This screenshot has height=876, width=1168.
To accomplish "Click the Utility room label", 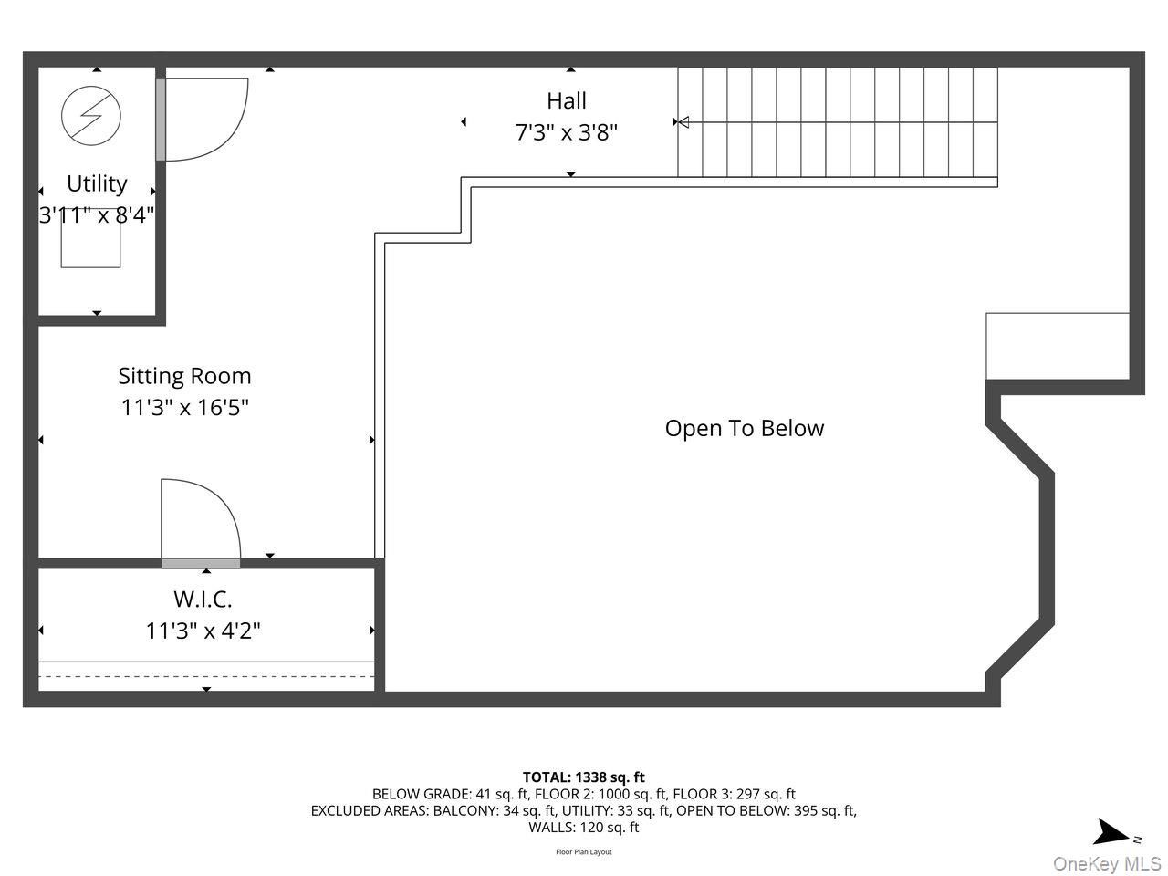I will click(x=97, y=183).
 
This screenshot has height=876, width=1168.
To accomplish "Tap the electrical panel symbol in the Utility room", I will click(x=91, y=115).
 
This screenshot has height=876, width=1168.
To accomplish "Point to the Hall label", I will click(x=566, y=100).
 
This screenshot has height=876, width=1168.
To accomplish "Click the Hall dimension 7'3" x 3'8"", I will click(x=566, y=132).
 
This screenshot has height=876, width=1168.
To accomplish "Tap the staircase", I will click(x=838, y=122).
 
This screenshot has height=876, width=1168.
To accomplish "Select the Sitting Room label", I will click(x=184, y=376).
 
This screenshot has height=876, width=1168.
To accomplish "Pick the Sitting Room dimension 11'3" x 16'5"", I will click(x=184, y=407).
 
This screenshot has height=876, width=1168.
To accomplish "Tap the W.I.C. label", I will click(x=203, y=600).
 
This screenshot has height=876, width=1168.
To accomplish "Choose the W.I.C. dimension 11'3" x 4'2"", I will click(x=203, y=631).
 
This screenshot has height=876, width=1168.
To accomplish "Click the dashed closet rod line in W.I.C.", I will click(x=206, y=676).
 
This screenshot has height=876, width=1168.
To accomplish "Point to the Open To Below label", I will click(x=744, y=428).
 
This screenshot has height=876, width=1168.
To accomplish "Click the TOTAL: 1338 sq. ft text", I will click(x=583, y=777).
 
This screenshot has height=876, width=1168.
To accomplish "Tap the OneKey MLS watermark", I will click(x=1107, y=863).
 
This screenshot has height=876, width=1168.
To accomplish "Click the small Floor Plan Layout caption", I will click(x=583, y=852).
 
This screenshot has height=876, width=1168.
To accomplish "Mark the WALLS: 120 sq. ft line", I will click(x=583, y=828).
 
